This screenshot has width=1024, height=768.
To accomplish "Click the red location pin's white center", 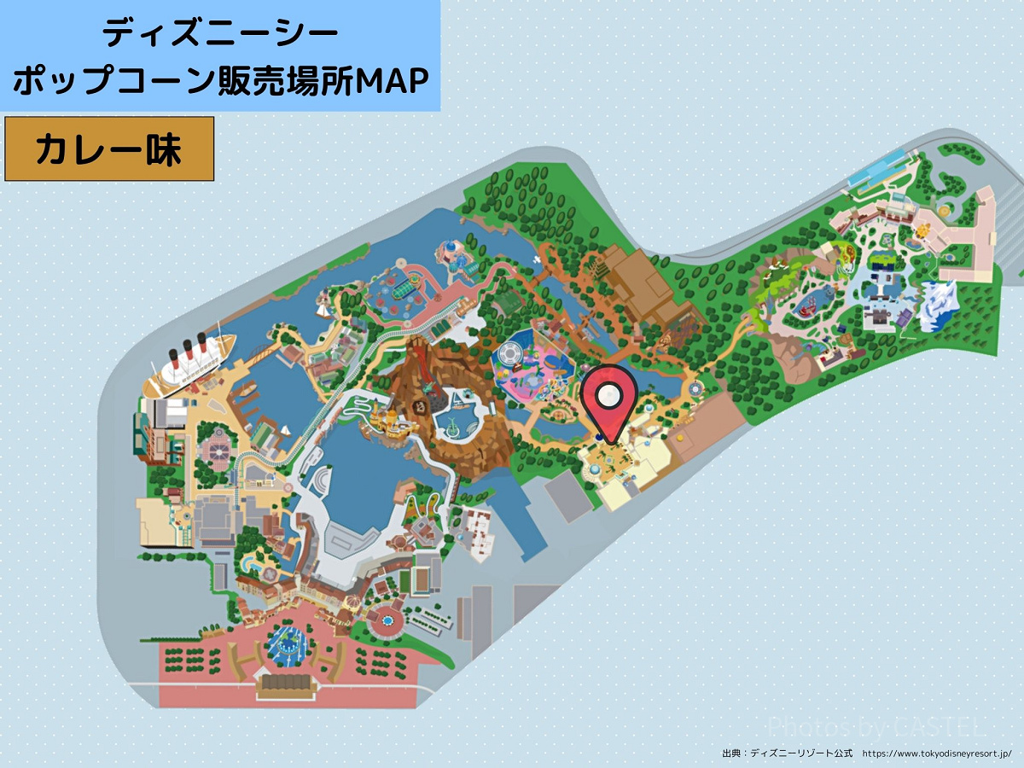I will tap(608, 395).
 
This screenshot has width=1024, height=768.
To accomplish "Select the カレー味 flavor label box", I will tap(109, 149).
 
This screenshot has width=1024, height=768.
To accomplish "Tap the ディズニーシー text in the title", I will tap(220, 34).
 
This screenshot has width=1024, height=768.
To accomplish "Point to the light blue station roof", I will tap(874, 176).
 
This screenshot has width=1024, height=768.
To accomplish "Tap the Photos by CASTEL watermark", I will tap(876, 727).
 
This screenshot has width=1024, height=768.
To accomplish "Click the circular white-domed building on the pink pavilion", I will tap(509, 352).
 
